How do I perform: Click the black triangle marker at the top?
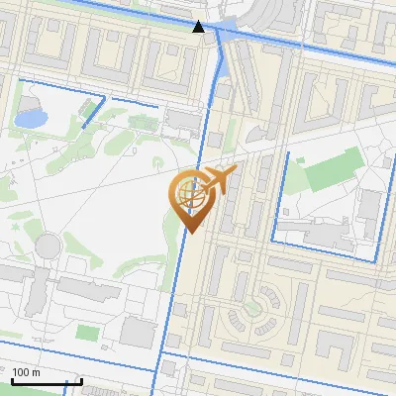199,27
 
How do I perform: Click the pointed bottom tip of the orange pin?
190,233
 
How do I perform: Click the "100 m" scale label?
26,372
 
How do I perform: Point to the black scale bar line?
47,381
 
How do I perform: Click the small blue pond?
31,119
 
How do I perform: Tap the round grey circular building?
49,245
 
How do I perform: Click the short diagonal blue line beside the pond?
93,114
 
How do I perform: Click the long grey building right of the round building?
88,288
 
